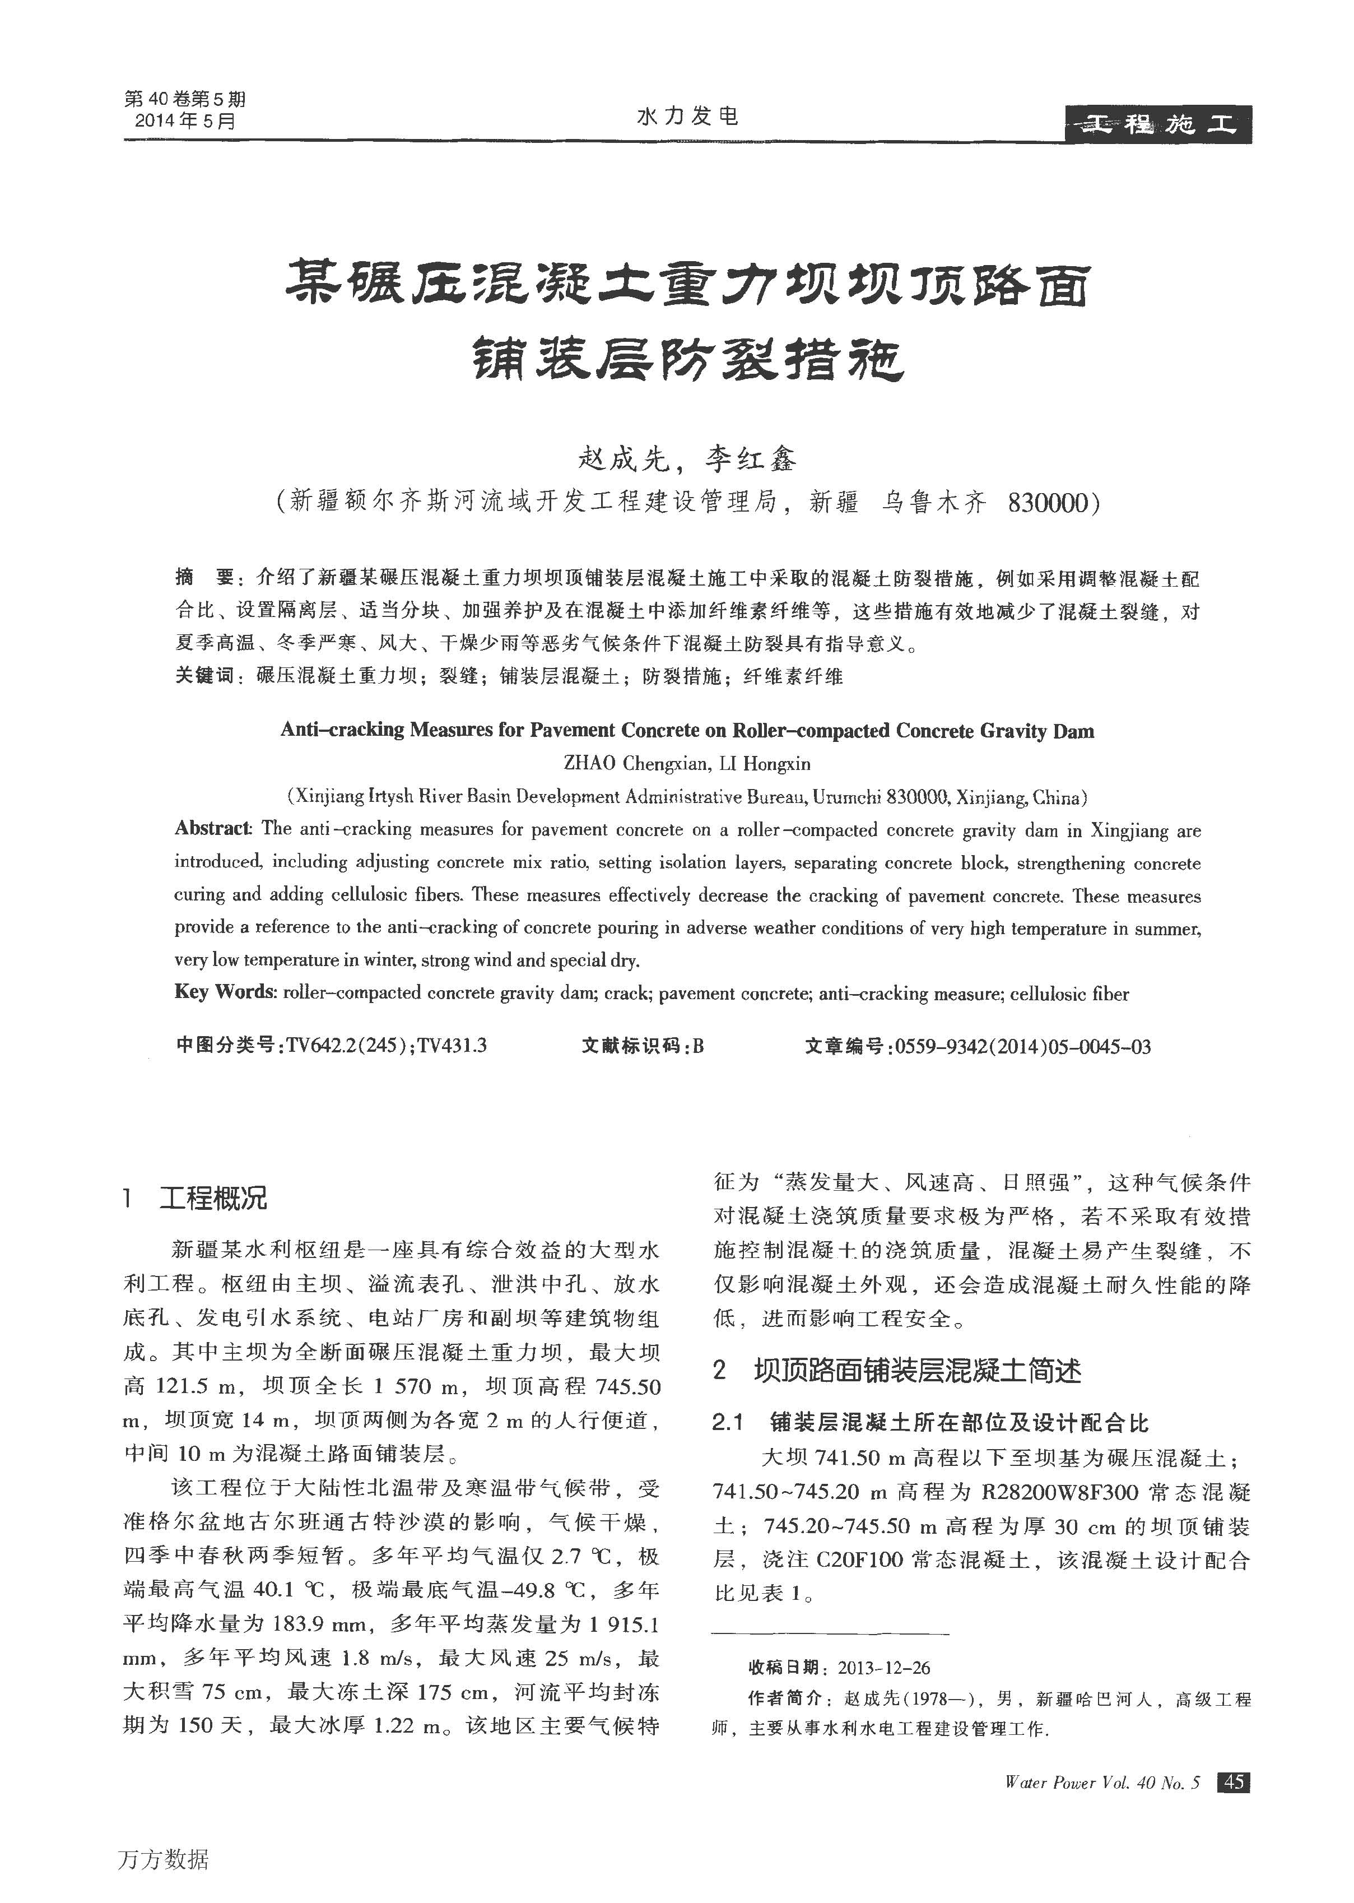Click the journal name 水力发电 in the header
pos(687,116)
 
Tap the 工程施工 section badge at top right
pos(1158,125)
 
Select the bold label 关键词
pos(204,675)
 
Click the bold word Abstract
pos(213,828)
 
